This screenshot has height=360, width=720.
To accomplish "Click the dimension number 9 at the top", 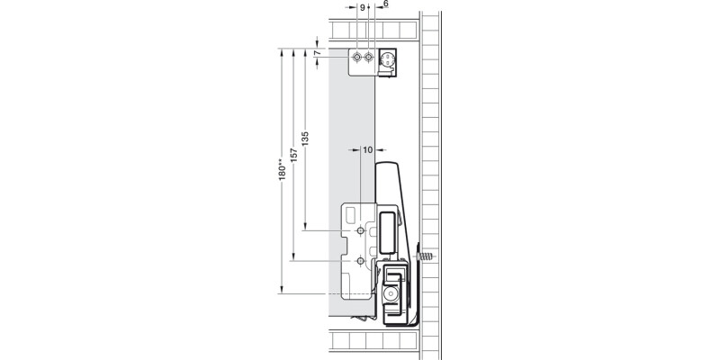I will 363,6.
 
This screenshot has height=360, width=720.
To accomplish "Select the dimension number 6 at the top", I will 385,4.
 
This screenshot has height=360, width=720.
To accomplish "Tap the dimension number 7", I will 317,53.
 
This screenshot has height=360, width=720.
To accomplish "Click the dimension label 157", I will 293,155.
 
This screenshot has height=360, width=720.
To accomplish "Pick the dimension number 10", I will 367,150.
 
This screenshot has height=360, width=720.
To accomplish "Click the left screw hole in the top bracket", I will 358,58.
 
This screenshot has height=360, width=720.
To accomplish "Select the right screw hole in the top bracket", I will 369,58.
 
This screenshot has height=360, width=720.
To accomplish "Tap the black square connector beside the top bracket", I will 388,59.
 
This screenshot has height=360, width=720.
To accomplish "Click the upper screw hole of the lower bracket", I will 360,231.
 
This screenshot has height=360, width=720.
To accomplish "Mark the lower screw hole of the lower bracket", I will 360,261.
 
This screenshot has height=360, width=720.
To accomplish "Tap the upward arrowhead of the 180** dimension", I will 282,50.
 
